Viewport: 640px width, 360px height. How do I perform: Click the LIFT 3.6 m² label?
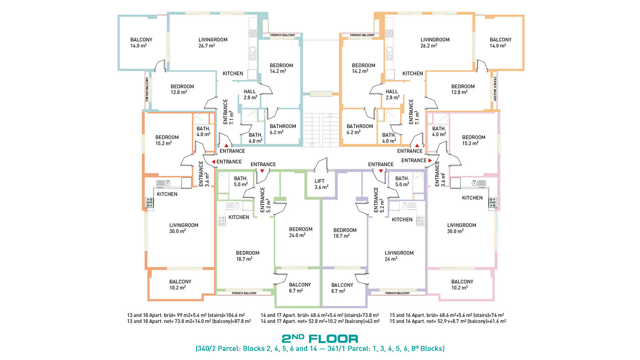(x=321, y=184)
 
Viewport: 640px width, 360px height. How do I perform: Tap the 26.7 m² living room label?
(x=213, y=43)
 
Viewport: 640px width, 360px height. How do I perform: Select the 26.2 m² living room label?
(x=435, y=43)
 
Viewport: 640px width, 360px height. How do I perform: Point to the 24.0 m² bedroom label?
(x=301, y=232)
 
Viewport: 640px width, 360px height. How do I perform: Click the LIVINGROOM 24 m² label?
(x=399, y=256)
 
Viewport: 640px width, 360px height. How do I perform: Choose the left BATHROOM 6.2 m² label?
(x=283, y=129)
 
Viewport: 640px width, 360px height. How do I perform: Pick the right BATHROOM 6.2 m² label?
(x=360, y=129)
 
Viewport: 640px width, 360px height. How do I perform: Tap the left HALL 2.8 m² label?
(x=251, y=95)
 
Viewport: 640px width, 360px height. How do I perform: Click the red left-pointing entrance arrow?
(x=213, y=162)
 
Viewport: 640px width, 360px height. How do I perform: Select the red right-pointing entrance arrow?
(x=430, y=161)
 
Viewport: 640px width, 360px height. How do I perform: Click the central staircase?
(x=321, y=130)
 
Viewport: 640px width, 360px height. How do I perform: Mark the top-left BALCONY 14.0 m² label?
(x=141, y=43)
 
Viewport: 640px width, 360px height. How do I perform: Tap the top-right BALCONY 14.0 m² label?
(x=501, y=43)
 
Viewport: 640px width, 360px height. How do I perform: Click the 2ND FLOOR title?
(x=320, y=339)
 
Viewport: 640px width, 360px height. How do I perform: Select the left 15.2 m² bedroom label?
(x=167, y=140)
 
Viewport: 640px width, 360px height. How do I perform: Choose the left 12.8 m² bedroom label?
(x=182, y=89)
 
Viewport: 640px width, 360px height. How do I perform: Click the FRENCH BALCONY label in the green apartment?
(x=244, y=293)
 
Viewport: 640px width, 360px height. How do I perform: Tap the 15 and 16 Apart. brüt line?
(x=447, y=315)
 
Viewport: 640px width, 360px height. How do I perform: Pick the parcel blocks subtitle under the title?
(x=320, y=349)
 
